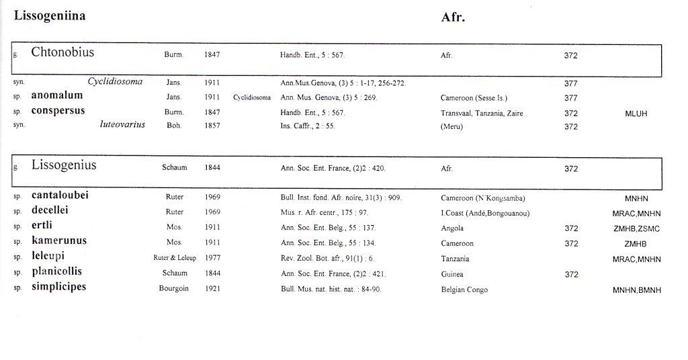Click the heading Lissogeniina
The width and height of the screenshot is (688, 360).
click(x=50, y=16)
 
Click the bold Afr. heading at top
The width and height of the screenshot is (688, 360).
click(x=453, y=18)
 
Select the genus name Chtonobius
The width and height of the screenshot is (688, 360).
click(x=62, y=52)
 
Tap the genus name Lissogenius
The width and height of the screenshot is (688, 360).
click(x=64, y=165)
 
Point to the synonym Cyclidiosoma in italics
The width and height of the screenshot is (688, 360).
click(x=115, y=82)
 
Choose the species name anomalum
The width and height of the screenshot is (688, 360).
click(x=57, y=96)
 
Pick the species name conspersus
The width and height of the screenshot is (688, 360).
click(x=58, y=111)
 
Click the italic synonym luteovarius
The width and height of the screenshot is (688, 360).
click(x=122, y=125)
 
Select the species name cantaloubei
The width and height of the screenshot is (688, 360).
click(x=60, y=195)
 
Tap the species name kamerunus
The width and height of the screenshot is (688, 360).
click(x=59, y=240)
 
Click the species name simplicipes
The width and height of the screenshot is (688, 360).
click(x=59, y=287)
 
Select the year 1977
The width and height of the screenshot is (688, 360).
click(x=212, y=258)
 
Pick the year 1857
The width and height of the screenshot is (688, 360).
click(x=212, y=126)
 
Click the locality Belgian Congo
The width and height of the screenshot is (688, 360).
click(x=464, y=289)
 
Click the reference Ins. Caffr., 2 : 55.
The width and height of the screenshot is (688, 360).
click(x=307, y=126)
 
